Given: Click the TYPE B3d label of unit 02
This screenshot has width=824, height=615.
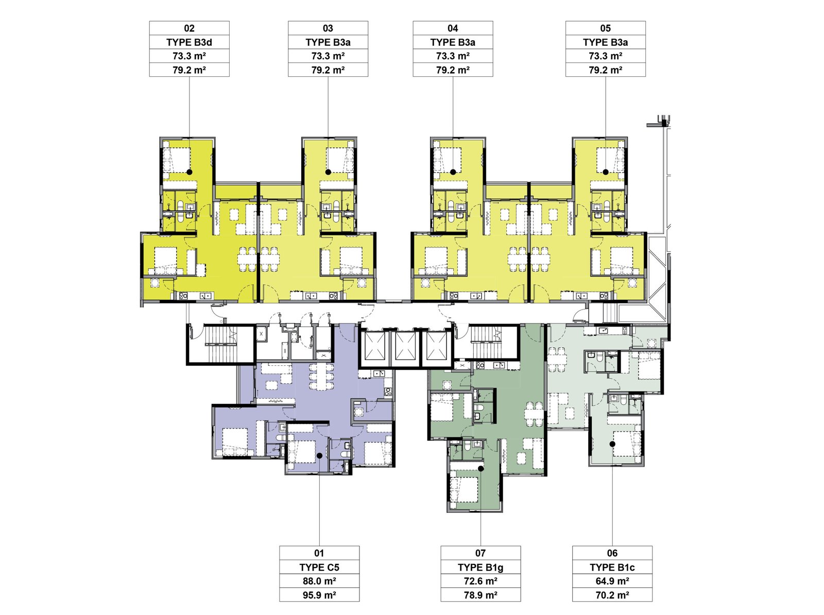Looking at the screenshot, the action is click(189, 42).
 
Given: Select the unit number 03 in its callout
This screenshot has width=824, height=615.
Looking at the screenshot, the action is click(328, 28).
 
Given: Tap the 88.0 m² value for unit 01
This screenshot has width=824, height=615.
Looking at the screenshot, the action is click(319, 581).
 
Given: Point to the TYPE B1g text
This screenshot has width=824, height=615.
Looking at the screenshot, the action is click(480, 567).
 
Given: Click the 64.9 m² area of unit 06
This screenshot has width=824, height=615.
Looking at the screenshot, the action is click(612, 581).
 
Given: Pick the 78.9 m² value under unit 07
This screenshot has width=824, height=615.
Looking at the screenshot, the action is click(480, 595).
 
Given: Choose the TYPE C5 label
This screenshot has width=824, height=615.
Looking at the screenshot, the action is click(319, 567).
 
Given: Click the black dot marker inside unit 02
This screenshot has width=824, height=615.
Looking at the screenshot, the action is click(190, 172).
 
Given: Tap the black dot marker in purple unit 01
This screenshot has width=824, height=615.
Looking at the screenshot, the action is click(319, 455).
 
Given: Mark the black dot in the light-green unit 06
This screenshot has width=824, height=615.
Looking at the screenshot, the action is click(612, 444).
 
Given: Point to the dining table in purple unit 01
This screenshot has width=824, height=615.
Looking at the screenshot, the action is click(321, 377).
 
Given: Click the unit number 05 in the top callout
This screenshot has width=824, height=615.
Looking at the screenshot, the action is click(605, 28).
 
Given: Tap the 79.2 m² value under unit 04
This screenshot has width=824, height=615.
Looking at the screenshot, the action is click(453, 70).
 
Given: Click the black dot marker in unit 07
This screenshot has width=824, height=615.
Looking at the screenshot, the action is click(480, 468).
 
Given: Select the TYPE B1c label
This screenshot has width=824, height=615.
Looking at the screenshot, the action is click(612, 567).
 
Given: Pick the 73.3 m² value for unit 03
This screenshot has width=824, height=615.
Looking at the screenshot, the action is click(328, 56).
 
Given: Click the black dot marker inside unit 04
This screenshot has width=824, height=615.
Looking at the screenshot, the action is click(453, 172).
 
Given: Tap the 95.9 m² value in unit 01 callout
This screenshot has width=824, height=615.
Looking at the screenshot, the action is click(319, 595).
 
